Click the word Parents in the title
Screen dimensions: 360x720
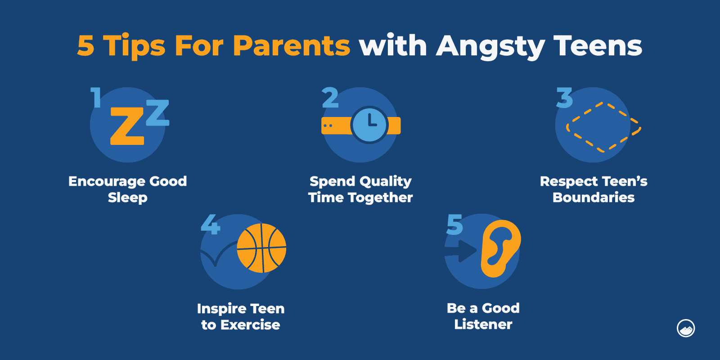pos(291,46)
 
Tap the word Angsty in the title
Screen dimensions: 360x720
pos(490,47)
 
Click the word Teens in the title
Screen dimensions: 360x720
pos(598,46)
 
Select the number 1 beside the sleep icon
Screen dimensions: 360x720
pos(95,97)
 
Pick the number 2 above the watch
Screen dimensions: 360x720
pos(330,98)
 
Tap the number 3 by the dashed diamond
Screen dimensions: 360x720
pos(564,98)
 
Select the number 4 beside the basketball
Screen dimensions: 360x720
pos(210,225)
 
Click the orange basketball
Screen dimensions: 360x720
pos(261,248)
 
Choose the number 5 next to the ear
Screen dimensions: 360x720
pos(454,225)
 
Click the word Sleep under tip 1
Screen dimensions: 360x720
pos(128,198)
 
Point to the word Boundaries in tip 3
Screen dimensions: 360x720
pos(594,198)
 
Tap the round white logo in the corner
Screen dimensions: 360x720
pos(686,328)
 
